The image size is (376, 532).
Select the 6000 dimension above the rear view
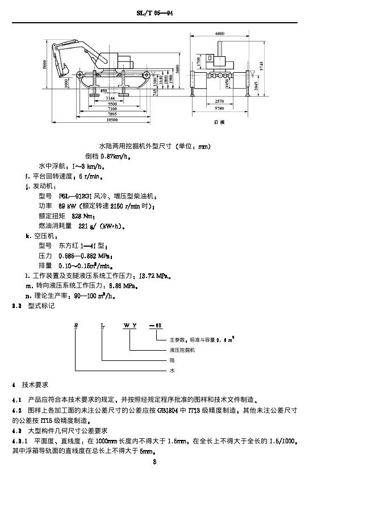219,34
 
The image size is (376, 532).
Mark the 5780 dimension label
220,108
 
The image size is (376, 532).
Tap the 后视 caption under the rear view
219,122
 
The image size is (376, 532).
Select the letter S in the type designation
75,325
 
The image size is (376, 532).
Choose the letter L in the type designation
102,325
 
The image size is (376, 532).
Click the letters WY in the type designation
130,325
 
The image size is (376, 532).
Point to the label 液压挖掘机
182,350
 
